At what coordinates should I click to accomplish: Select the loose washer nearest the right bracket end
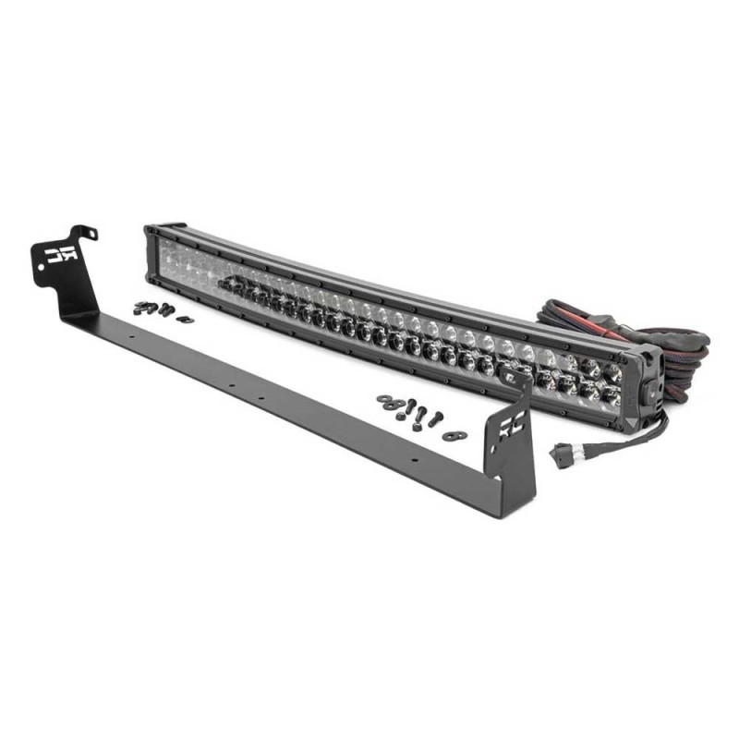click(452, 434)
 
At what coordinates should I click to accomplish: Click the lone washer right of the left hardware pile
click(184, 319)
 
